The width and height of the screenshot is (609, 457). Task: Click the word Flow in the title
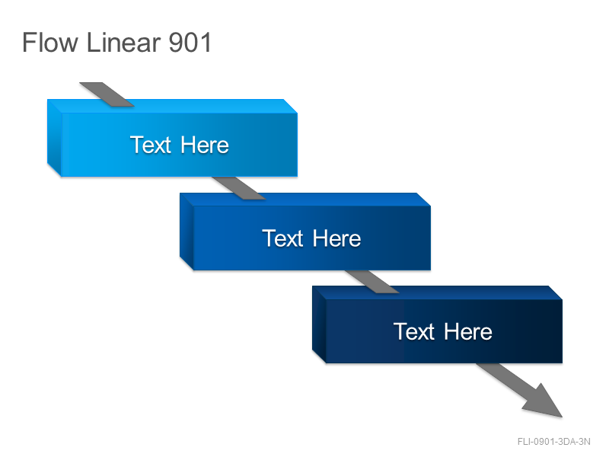[x=50, y=43]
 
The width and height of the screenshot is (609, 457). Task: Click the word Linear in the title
[x=123, y=43]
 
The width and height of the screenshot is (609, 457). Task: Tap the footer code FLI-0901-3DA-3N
[x=554, y=442]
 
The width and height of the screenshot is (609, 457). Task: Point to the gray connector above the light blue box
[x=107, y=94]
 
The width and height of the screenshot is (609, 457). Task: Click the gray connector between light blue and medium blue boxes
[x=239, y=188]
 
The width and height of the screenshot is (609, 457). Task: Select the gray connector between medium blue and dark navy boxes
[x=371, y=282]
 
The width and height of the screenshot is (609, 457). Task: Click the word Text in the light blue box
[x=151, y=145]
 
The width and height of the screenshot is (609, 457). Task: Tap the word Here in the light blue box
[x=205, y=145]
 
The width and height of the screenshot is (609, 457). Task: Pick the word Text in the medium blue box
[x=282, y=238]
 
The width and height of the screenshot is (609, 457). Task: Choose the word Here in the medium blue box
[x=336, y=238]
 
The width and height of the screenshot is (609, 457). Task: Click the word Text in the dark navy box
[x=414, y=331]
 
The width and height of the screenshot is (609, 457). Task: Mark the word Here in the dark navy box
[x=468, y=331]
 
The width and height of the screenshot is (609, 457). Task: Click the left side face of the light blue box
[x=54, y=138]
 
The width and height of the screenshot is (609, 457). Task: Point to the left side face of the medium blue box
[x=187, y=232]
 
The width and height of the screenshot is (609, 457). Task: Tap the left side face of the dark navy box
[x=319, y=325]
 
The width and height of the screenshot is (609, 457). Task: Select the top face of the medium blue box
[x=305, y=200]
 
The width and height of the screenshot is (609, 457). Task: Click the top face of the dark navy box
[x=437, y=293]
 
